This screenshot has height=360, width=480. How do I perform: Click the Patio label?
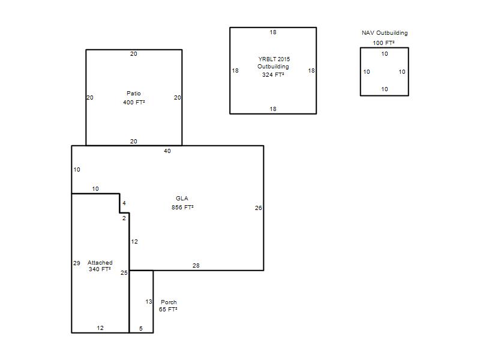[134, 94]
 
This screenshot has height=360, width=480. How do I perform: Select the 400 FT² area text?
[134, 102]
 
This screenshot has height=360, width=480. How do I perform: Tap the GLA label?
[182, 199]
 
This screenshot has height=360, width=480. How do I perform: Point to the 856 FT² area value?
[182, 207]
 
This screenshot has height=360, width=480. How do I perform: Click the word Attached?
[100, 263]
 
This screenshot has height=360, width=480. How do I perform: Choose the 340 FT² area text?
[100, 269]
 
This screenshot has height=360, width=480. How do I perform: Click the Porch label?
[169, 302]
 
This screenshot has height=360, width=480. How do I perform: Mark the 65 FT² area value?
[168, 309]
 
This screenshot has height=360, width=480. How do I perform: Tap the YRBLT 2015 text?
[274, 59]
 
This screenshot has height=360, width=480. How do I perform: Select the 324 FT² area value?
[273, 74]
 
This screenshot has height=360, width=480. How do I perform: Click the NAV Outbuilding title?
[385, 33]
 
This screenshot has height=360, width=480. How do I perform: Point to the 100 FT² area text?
[383, 43]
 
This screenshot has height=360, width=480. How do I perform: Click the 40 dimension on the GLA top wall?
[167, 151]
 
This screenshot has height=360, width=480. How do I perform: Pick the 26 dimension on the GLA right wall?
[259, 208]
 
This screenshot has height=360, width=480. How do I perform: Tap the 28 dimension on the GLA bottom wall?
[196, 265]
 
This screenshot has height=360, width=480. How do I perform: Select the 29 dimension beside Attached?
[77, 263]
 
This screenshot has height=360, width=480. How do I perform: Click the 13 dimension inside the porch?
[149, 302]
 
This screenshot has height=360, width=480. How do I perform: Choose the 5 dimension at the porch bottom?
[141, 328]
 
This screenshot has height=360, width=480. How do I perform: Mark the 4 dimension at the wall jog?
[124, 203]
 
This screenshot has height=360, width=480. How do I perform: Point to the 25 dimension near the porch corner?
[124, 272]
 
